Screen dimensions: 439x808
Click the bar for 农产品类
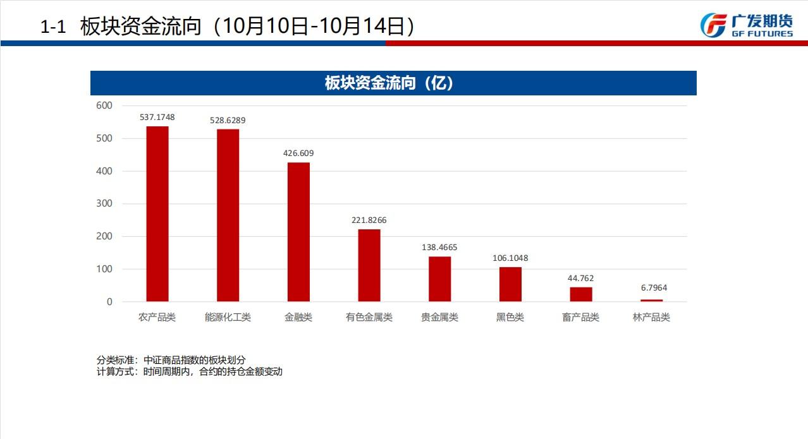[157, 214]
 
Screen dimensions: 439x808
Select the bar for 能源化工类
[228, 215]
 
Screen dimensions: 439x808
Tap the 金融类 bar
[298, 232]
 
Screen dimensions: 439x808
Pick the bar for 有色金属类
[369, 265]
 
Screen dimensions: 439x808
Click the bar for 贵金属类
[439, 279]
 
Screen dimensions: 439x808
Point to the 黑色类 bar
[510, 284]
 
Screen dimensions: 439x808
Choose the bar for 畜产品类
[581, 294]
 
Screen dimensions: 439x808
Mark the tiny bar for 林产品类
[651, 301]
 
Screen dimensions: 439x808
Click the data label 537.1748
[157, 117]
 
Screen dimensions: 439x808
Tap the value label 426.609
[298, 153]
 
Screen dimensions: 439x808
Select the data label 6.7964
[654, 288]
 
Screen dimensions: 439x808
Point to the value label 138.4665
[439, 248]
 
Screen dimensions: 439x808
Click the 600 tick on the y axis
[104, 105]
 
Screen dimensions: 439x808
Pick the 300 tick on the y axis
[104, 203]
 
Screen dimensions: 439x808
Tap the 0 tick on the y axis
[109, 302]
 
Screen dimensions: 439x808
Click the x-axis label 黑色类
[510, 317]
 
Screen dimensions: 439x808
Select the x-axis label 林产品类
[651, 317]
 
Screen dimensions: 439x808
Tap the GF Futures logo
[746, 25]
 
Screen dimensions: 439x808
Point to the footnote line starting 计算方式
[190, 371]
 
